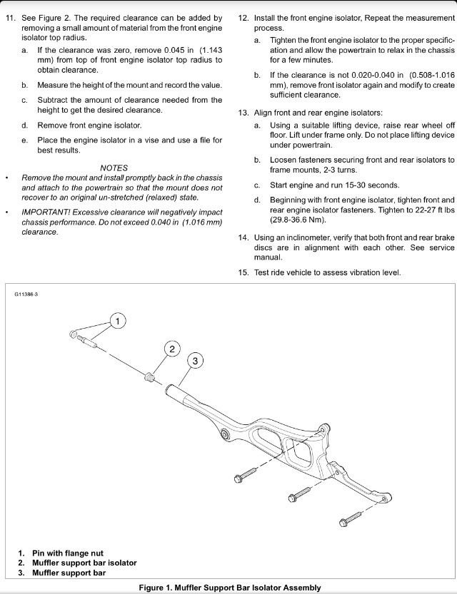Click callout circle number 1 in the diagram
coord(119,321)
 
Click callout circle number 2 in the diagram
coord(171,349)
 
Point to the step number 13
coord(243,113)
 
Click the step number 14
coord(243,237)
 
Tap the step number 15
coord(243,272)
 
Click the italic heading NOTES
coord(114,168)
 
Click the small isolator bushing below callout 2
coord(150,376)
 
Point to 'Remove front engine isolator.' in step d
coord(89,125)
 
